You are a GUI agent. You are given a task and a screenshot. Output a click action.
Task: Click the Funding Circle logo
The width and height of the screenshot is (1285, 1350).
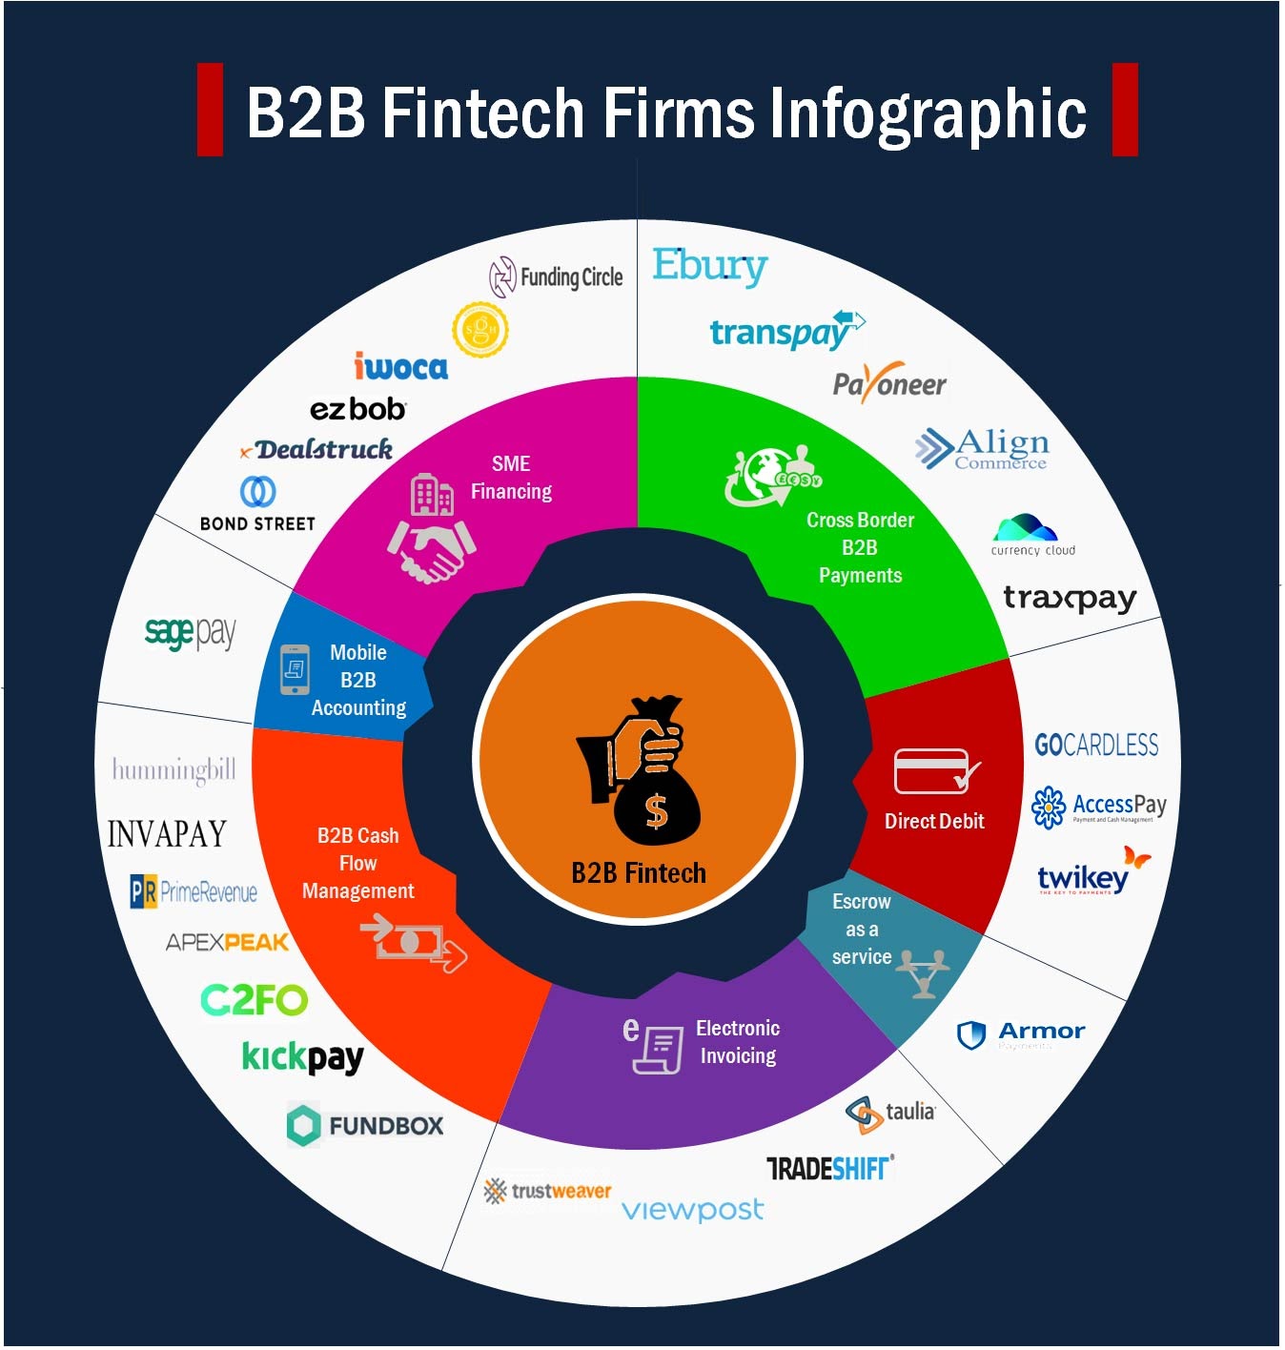pyautogui.click(x=556, y=277)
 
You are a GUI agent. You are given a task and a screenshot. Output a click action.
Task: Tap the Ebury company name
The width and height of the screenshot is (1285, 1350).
pyautogui.click(x=709, y=266)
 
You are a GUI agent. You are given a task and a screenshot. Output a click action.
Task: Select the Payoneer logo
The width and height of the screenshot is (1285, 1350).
pyautogui.click(x=888, y=383)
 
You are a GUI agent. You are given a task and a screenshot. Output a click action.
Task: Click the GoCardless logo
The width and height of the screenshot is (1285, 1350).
pyautogui.click(x=1096, y=745)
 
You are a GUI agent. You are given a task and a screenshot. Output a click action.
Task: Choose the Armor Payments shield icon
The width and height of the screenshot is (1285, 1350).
pyautogui.click(x=970, y=1034)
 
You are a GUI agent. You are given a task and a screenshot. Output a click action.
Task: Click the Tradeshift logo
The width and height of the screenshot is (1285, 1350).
pyautogui.click(x=829, y=1168)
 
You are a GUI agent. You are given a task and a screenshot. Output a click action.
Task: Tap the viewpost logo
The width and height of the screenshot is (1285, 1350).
pyautogui.click(x=692, y=1210)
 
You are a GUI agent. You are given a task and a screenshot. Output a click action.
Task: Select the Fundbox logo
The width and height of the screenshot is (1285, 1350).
pyautogui.click(x=365, y=1125)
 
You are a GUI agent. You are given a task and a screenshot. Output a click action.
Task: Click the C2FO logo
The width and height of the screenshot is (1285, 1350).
pyautogui.click(x=254, y=1000)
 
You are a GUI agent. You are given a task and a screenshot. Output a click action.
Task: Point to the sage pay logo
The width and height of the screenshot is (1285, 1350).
pyautogui.click(x=190, y=632)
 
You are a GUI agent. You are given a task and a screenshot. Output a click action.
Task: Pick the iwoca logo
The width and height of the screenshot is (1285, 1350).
pyautogui.click(x=400, y=366)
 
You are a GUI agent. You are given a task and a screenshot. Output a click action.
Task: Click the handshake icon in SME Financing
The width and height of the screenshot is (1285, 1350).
pyautogui.click(x=432, y=550)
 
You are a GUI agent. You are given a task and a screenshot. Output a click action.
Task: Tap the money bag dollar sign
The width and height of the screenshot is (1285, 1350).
pyautogui.click(x=656, y=811)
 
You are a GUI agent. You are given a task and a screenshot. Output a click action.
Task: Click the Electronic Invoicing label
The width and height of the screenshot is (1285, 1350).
pyautogui.click(x=737, y=1042)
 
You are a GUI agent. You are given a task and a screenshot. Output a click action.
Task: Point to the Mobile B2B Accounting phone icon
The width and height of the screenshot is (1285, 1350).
pyautogui.click(x=295, y=669)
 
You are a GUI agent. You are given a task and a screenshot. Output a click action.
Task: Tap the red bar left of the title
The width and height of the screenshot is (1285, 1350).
pyautogui.click(x=210, y=109)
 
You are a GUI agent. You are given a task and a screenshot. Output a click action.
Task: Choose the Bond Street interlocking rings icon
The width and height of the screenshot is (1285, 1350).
pyautogui.click(x=257, y=491)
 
